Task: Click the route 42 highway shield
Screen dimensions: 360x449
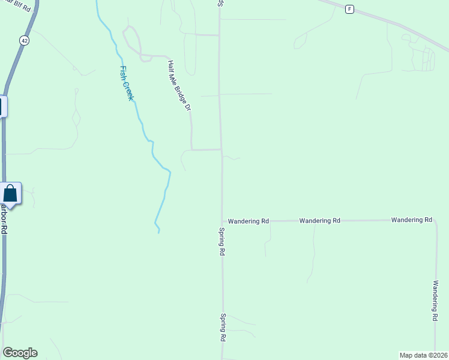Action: click(24, 40)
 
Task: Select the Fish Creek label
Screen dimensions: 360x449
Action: click(127, 83)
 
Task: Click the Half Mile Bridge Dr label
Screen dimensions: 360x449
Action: click(179, 86)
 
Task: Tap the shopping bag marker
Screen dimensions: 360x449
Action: click(10, 193)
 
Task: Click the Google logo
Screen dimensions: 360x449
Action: click(19, 353)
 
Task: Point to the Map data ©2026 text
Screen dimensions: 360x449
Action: click(423, 355)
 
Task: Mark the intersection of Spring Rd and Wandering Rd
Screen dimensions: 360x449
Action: click(222, 221)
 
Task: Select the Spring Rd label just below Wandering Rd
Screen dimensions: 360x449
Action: click(221, 242)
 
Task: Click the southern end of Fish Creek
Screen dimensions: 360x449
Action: click(158, 232)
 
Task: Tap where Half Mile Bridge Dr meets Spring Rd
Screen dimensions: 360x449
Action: click(221, 149)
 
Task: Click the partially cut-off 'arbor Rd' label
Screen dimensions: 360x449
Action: click(4, 220)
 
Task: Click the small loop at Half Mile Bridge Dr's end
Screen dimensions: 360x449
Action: click(132, 42)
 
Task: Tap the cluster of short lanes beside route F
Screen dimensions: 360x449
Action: click(427, 59)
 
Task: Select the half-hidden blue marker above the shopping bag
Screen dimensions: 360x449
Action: click(2, 107)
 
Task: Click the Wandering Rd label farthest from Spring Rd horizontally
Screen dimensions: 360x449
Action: click(411, 220)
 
